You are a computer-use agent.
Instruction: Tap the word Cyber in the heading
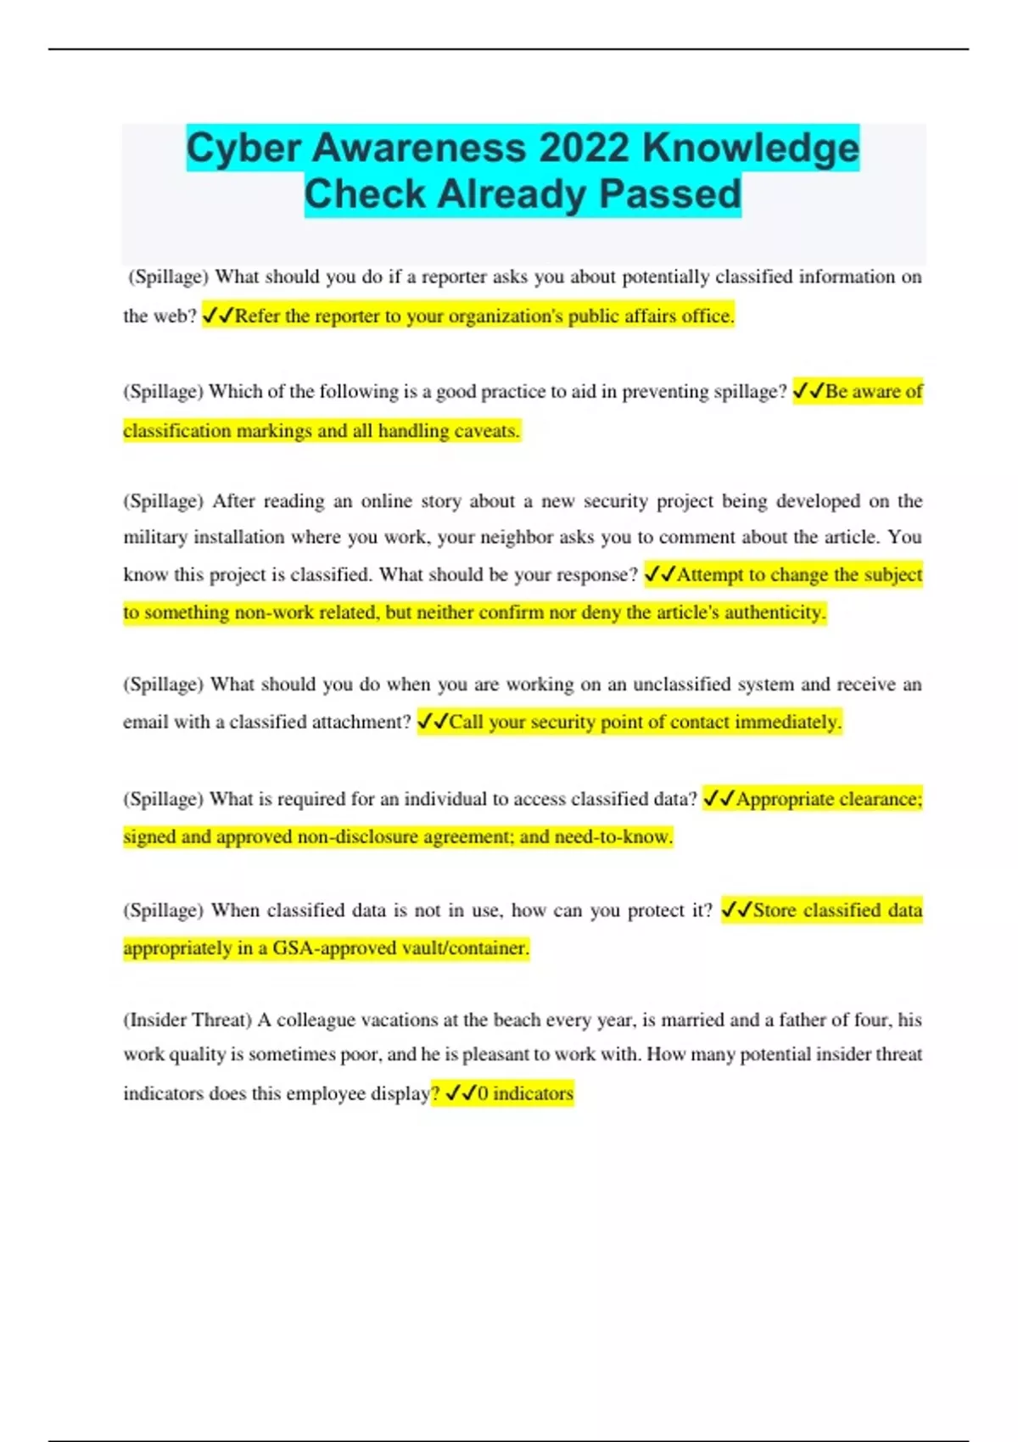pyautogui.click(x=243, y=148)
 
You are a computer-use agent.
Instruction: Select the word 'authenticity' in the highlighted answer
pyautogui.click(x=774, y=612)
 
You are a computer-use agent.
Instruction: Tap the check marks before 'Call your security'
pyautogui.click(x=433, y=722)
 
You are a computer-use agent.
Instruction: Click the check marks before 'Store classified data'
pyautogui.click(x=736, y=910)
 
